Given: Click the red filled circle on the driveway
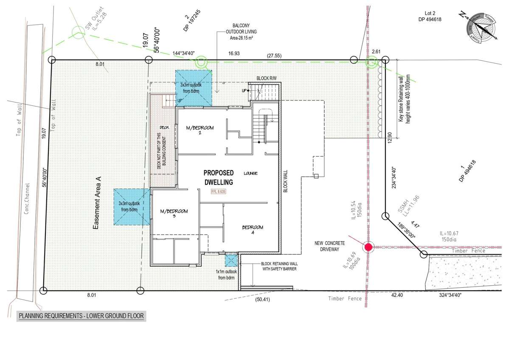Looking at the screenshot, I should (x=368, y=247).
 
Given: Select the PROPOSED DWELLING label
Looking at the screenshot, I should (x=218, y=177).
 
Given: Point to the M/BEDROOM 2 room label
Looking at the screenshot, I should (x=200, y=130).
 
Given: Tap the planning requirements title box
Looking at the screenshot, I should (x=81, y=316).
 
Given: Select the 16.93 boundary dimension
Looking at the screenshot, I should (x=234, y=53).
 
